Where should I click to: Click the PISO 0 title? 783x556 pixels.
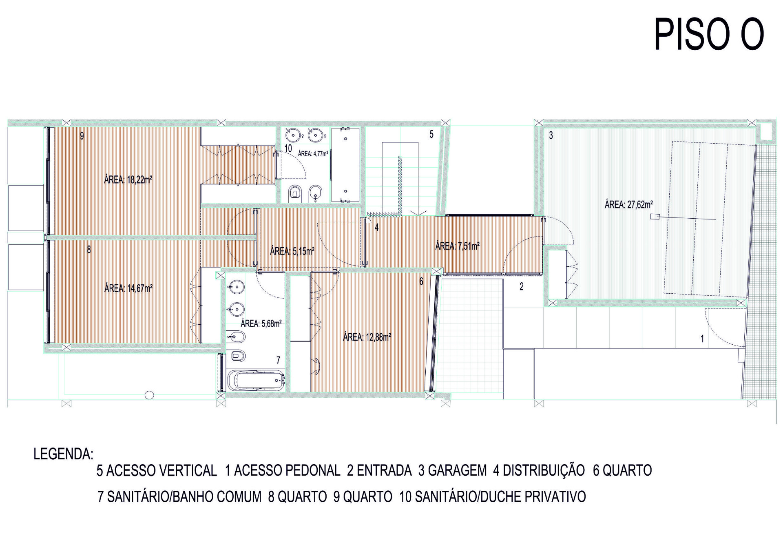coord(709,34)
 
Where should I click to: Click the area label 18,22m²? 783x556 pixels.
coord(128,179)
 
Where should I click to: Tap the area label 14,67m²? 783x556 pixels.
coord(128,288)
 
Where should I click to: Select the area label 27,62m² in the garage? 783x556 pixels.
coord(629,204)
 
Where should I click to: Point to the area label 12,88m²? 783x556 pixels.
coord(367,337)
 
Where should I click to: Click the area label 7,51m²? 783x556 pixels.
coord(458,246)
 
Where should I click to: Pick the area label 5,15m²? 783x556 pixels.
coord(292,251)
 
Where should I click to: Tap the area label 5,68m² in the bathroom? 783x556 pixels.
coord(261,323)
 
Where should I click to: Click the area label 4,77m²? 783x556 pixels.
coord(313,154)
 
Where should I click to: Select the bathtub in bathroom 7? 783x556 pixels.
coord(256,380)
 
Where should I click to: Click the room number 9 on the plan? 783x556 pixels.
coord(82,136)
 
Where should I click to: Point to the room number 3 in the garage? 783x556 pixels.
coord(551,135)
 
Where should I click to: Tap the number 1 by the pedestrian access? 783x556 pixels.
coord(702,339)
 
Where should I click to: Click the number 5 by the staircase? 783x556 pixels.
coord(431,134)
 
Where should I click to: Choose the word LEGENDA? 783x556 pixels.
coord(64,454)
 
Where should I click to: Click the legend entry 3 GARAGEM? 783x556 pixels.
coord(453,471)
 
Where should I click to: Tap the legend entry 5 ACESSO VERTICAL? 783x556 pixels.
coord(157,471)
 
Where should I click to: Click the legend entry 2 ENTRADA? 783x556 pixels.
coord(379,471)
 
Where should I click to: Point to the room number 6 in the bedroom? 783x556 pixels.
coord(421,281)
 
